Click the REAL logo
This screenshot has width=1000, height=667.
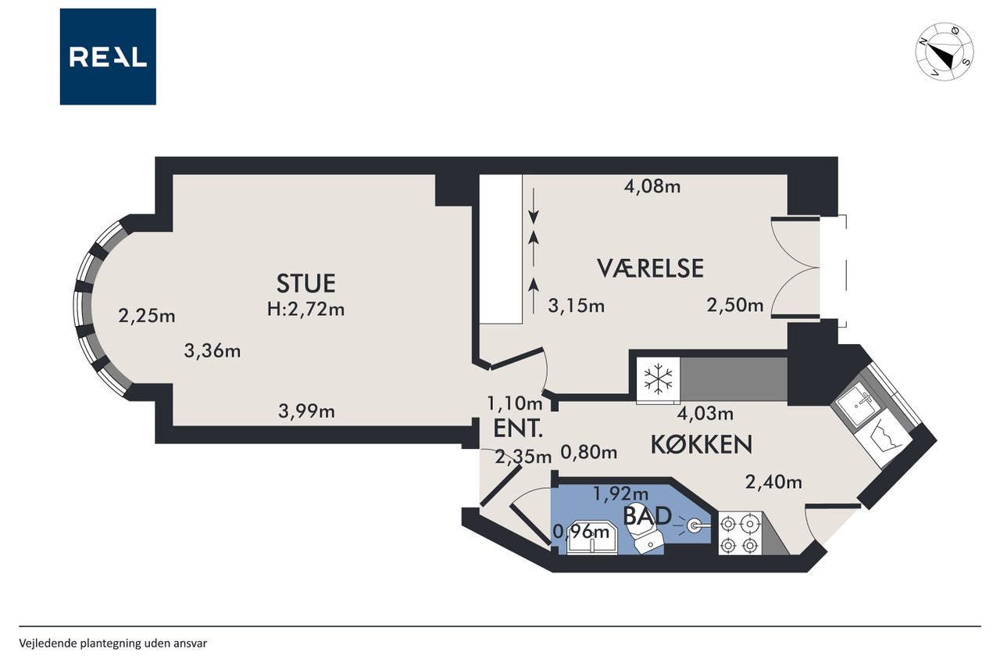point(108,57)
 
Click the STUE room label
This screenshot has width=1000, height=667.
point(305,283)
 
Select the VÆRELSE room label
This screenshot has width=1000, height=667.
point(651,268)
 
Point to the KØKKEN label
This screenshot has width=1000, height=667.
point(702,444)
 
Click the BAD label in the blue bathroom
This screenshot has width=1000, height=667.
point(647,516)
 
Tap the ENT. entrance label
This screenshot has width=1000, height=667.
point(518,429)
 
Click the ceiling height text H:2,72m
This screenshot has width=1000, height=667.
point(305,309)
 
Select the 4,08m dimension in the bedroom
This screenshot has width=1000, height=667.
point(652,186)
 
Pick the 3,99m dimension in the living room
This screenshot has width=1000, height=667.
point(306,411)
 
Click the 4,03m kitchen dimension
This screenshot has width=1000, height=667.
point(705,414)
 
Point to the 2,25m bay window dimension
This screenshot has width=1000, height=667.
point(146,317)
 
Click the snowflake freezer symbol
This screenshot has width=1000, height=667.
point(658,379)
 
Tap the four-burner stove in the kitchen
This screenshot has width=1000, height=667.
point(740,533)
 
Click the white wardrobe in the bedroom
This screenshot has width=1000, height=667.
point(501,249)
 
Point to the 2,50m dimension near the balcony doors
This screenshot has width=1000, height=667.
point(735,305)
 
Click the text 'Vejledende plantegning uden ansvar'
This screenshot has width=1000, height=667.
point(113,644)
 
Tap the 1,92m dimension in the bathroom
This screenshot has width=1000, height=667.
point(620,493)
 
